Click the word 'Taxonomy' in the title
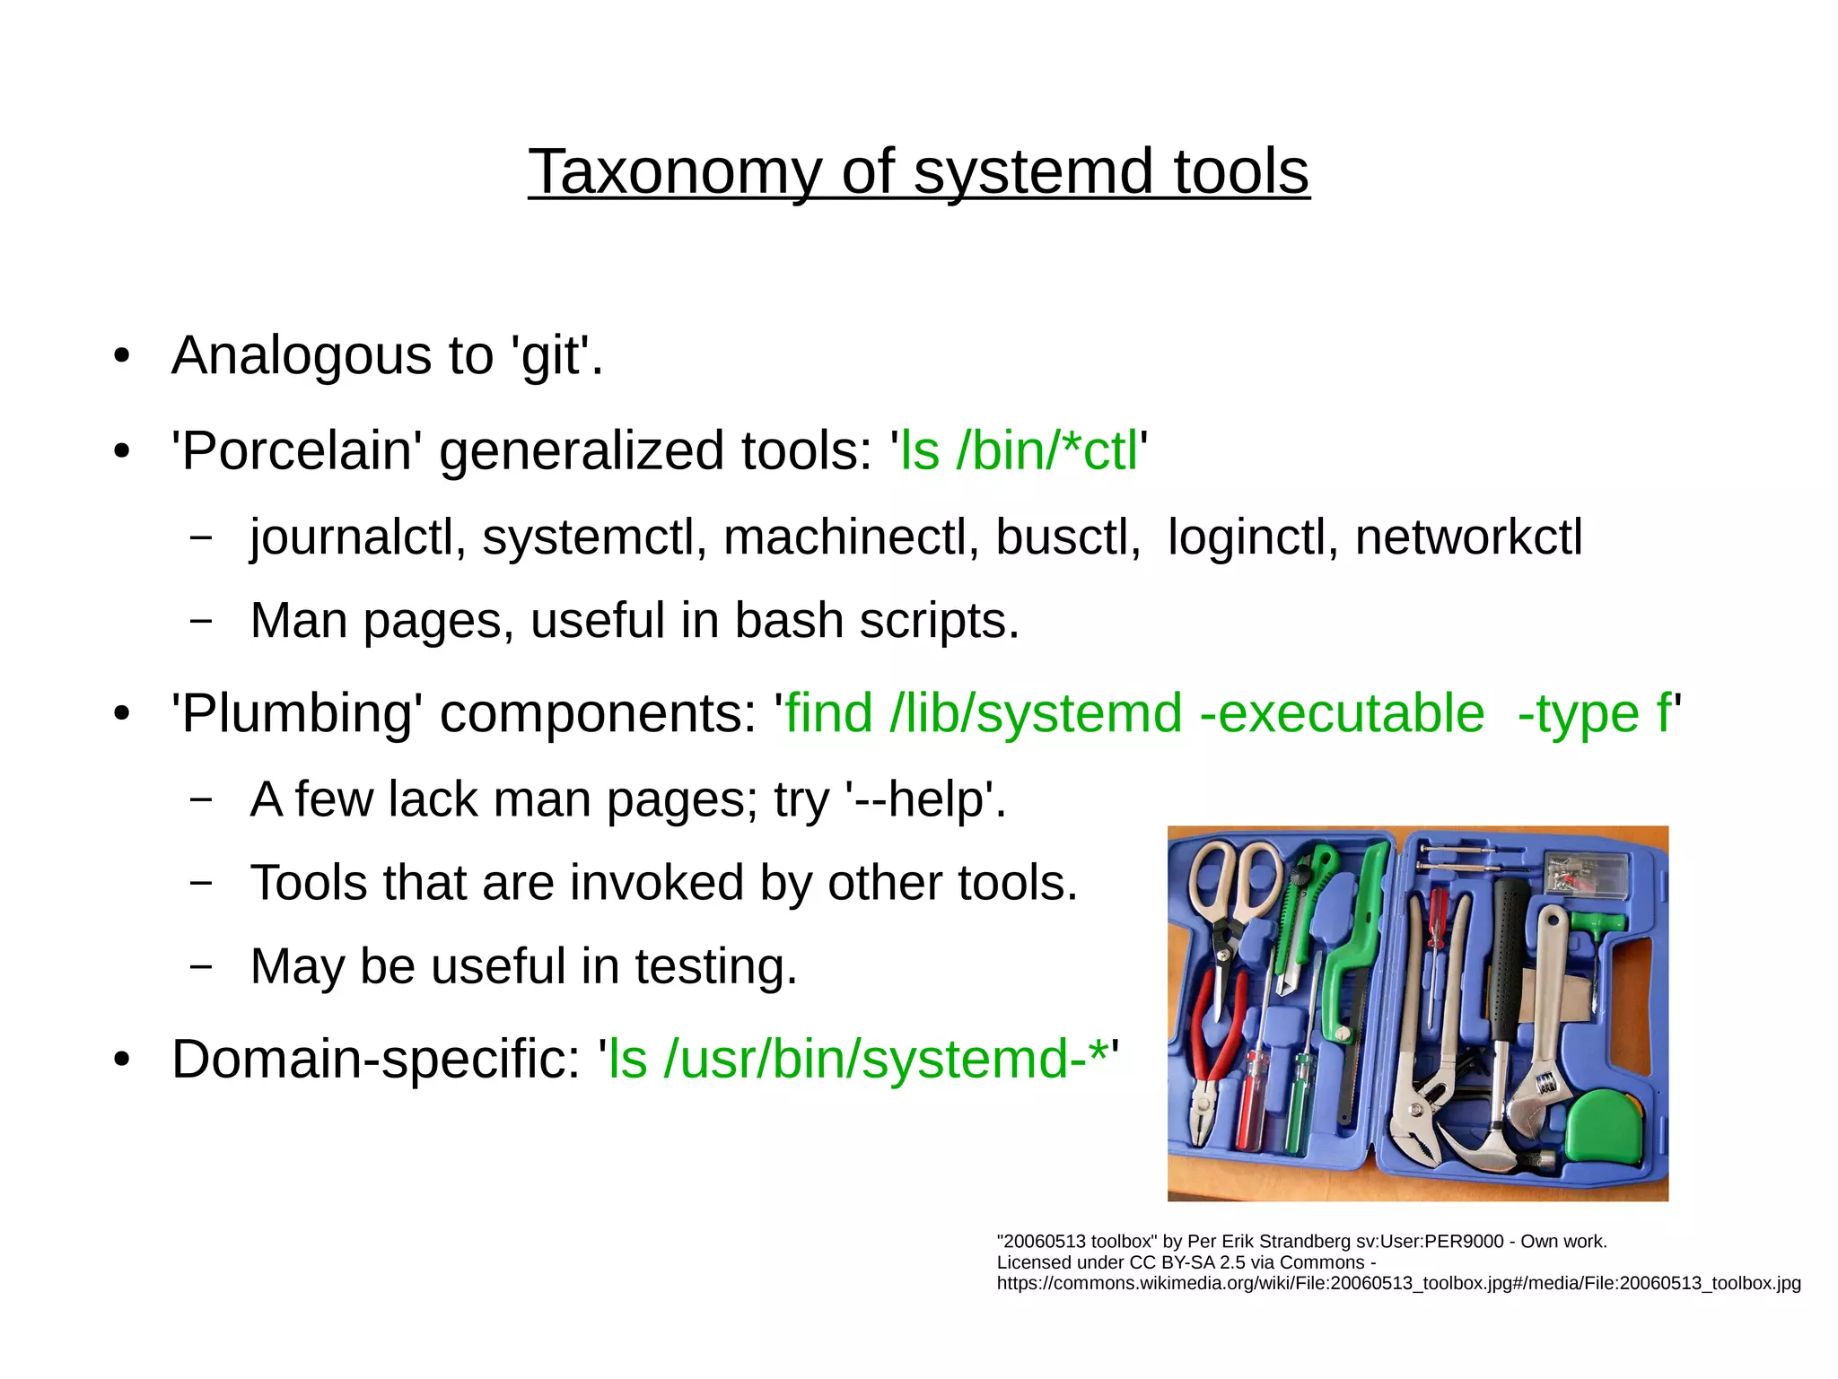[674, 172]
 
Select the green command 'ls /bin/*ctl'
[1020, 450]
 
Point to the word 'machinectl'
[851, 537]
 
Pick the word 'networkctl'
[1468, 537]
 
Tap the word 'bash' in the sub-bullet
[789, 621]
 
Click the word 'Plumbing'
[296, 714]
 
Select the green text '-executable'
[1343, 714]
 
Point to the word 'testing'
[715, 967]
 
